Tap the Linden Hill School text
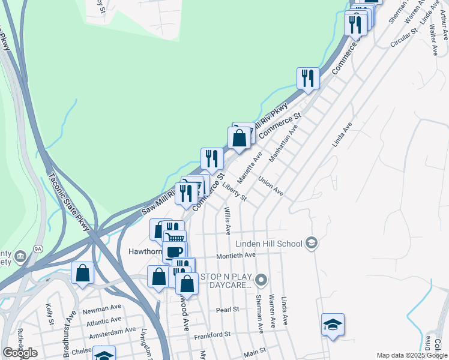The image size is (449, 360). coord(268,244)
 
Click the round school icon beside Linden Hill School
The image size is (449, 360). coord(311,242)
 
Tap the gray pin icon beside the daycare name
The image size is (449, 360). coord(261,280)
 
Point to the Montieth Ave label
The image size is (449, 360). coord(236,255)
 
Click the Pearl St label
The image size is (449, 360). coord(228,310)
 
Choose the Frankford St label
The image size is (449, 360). coord(212,334)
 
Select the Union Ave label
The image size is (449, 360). coord(271,187)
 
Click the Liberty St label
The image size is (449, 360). coord(234,192)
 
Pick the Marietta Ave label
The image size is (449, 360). coord(250,168)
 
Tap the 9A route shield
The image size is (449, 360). coord(38,248)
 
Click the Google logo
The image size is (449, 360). coord(20,353)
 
